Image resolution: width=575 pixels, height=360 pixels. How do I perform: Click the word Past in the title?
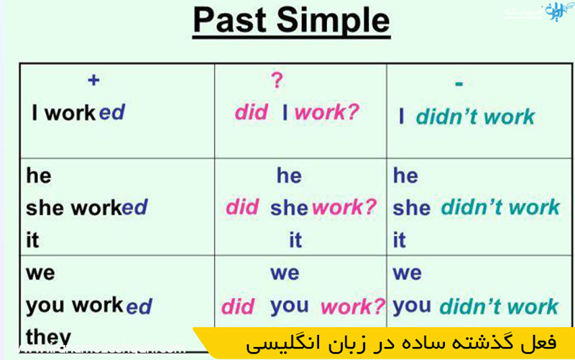point(231,22)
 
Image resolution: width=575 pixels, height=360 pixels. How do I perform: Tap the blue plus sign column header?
point(93,80)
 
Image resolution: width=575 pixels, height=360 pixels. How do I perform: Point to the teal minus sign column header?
point(459,83)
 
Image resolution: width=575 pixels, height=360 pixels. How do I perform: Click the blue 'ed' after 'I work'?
point(111,113)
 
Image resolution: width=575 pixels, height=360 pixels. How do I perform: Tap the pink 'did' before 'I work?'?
point(251,112)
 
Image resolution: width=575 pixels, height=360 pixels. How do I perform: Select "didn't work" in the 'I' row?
point(475,116)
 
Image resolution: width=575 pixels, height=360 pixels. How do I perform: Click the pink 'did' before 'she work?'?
point(242,208)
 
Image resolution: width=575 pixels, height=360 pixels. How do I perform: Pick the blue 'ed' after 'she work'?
point(134,208)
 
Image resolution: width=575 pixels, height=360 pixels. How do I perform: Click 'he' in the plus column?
point(38,175)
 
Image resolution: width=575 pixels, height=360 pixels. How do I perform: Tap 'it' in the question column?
point(295,240)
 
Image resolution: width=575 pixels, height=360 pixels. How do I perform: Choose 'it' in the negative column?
point(400,240)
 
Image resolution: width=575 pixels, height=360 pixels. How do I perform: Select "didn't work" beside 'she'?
point(500,208)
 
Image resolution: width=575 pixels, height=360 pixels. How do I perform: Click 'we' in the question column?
point(285,273)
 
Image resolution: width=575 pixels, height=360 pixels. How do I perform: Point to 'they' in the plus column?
point(48,336)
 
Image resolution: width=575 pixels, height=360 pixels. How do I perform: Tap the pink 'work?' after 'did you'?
point(352,307)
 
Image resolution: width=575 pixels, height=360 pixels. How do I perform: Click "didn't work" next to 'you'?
point(498,306)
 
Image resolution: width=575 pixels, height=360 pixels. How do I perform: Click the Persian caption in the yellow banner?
point(401,343)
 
